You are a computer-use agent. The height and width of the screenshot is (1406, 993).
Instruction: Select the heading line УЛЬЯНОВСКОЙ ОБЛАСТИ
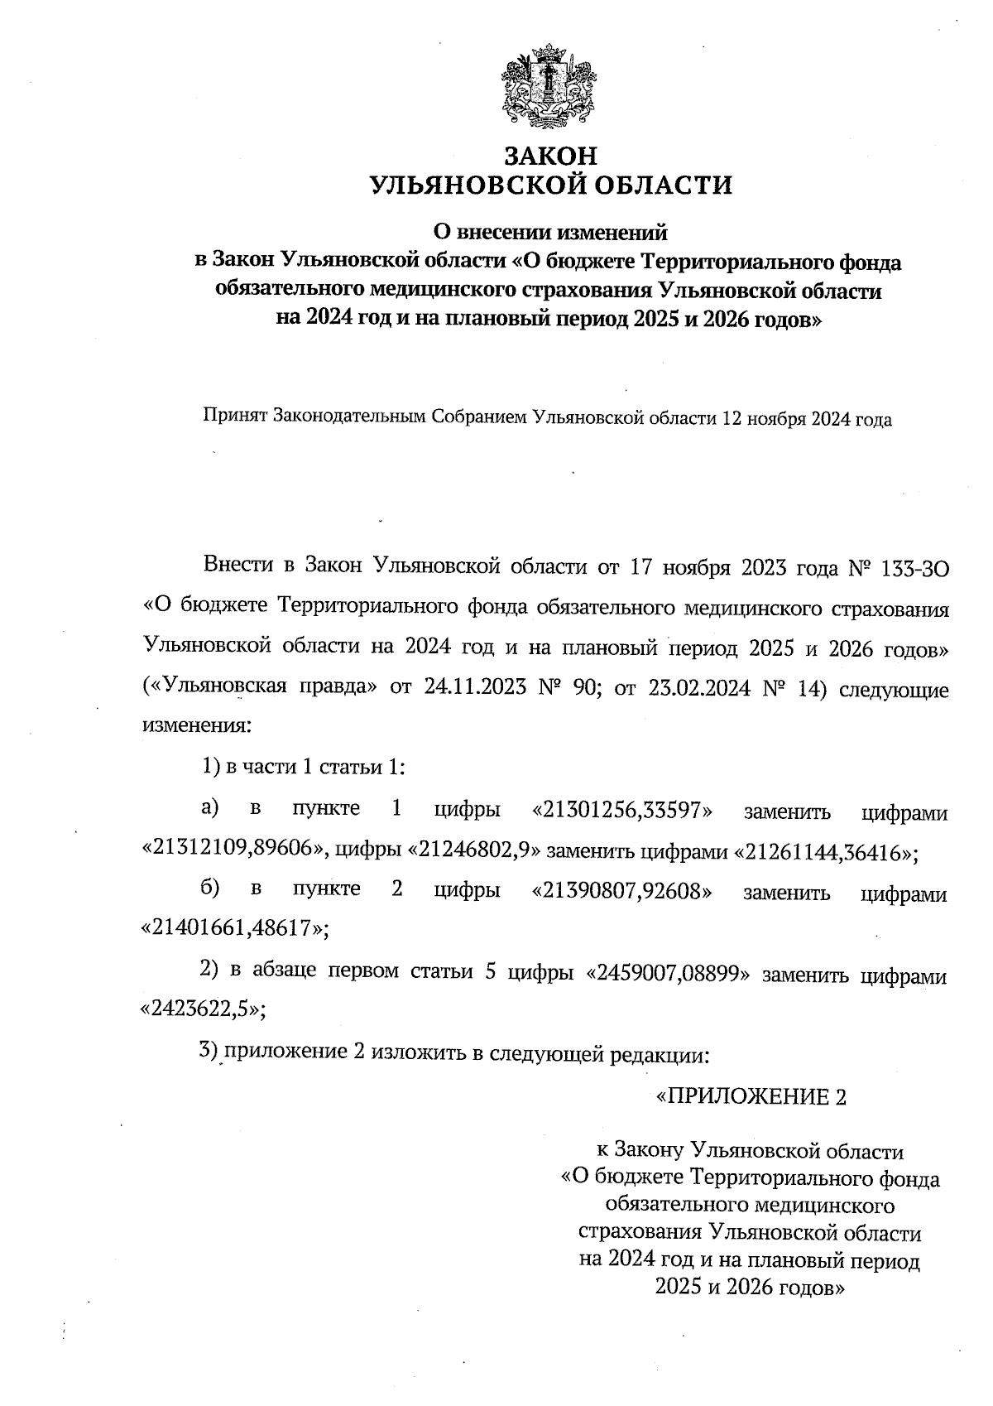tap(550, 185)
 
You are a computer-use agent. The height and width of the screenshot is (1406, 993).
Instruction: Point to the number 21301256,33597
tap(626, 811)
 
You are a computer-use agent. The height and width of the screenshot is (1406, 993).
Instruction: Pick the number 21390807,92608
tap(626, 891)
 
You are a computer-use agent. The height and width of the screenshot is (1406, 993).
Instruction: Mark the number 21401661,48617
tap(233, 929)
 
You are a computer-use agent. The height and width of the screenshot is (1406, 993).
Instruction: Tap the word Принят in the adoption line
tap(233, 419)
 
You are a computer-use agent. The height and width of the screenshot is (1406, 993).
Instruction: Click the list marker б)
tap(210, 889)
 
